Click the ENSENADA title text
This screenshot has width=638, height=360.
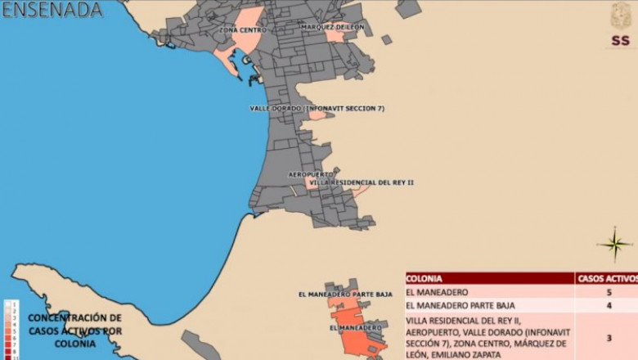52,10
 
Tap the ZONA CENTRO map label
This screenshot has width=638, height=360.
240,30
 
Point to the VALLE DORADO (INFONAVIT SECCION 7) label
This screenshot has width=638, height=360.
317,108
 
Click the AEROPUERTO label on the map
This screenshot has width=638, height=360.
310,173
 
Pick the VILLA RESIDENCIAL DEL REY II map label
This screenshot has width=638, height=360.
362,182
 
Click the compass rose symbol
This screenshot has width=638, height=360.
613,244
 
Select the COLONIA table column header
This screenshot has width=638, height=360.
425,278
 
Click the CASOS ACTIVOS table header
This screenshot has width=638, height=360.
607,278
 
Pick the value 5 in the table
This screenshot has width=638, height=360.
608,292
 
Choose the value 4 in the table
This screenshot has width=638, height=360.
608,306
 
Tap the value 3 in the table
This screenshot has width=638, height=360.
608,337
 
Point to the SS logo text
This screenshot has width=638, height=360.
620,41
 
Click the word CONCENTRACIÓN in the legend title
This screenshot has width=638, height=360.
74,317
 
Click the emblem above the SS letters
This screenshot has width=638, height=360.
621,16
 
